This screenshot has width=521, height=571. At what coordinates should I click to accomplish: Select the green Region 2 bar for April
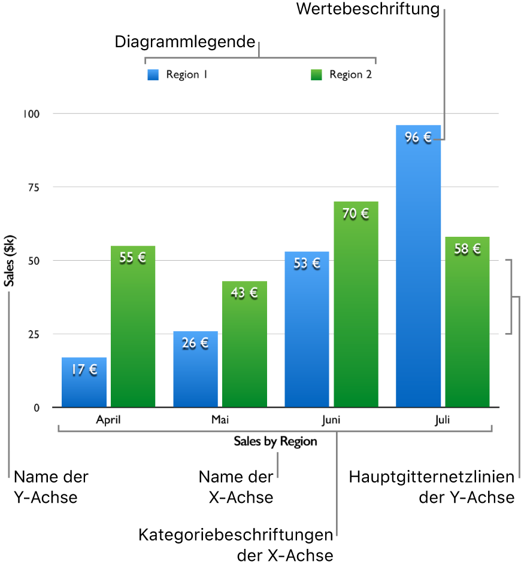click(x=133, y=335)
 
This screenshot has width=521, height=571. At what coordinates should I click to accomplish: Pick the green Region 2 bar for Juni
click(x=356, y=311)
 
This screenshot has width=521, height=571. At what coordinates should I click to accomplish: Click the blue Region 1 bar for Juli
click(x=418, y=269)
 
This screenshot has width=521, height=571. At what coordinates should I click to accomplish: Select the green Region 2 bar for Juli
click(x=467, y=329)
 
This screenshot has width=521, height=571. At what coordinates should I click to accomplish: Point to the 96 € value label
click(x=418, y=138)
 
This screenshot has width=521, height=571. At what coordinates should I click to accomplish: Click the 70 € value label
click(x=356, y=213)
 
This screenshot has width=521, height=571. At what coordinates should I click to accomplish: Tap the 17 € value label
click(x=84, y=370)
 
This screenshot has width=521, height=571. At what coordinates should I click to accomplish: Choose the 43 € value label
click(x=244, y=293)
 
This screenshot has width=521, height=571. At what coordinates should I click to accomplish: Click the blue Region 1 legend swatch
click(x=153, y=75)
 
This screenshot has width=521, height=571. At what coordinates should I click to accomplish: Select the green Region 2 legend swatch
click(x=316, y=75)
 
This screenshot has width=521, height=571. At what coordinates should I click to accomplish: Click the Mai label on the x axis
click(x=220, y=420)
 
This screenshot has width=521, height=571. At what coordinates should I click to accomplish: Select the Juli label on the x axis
click(x=442, y=420)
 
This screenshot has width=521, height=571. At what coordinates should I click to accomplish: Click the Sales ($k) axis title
click(x=10, y=260)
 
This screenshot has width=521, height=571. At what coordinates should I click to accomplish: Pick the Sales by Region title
click(x=275, y=442)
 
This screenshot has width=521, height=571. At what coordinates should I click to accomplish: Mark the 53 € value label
click(x=307, y=263)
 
